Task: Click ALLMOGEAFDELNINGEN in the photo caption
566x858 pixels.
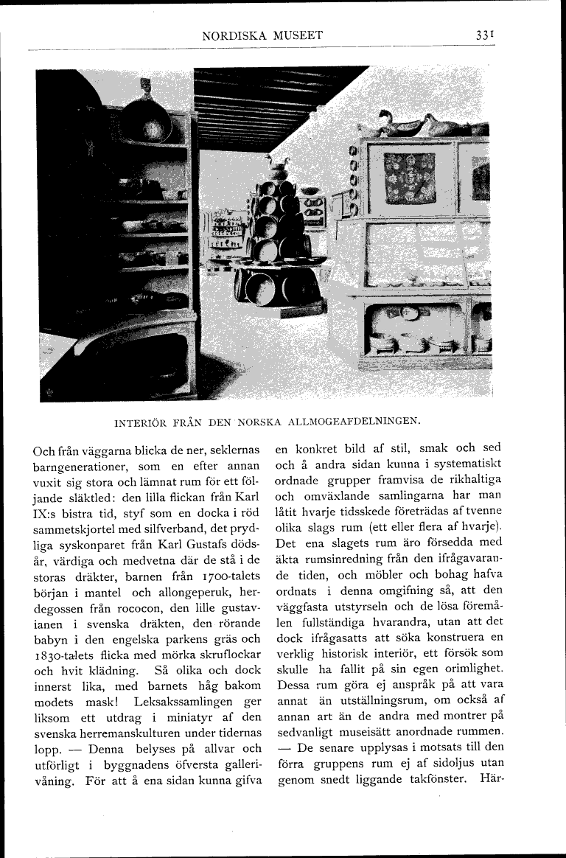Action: (x=350, y=422)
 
